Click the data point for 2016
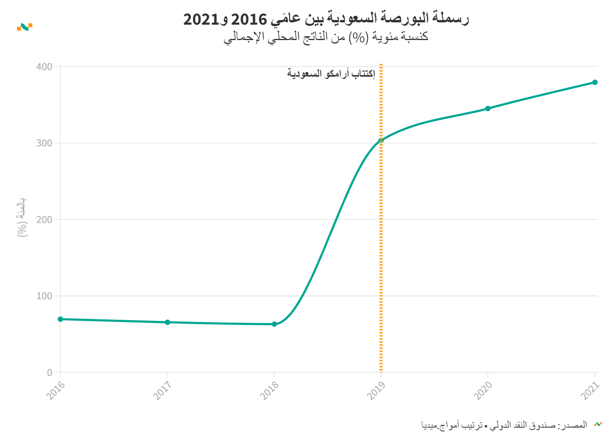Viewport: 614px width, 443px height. (x=61, y=319)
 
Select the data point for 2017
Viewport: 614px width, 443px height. (x=167, y=322)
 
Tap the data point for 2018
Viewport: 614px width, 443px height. (x=274, y=324)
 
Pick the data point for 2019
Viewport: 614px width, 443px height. (x=381, y=141)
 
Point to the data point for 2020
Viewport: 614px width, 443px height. (x=488, y=109)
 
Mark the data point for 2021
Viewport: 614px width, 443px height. (x=595, y=82)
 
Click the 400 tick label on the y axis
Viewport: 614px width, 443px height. (x=44, y=67)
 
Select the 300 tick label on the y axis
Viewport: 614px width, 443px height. (x=44, y=143)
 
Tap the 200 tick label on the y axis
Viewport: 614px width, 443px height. (x=44, y=220)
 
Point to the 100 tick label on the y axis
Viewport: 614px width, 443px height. (x=44, y=296)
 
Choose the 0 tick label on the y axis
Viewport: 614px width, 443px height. (x=50, y=373)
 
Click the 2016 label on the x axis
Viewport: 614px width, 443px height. (x=56, y=391)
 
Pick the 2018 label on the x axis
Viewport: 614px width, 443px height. (x=269, y=391)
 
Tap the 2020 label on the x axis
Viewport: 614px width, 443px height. (x=483, y=391)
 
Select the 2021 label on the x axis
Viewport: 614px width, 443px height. (x=590, y=391)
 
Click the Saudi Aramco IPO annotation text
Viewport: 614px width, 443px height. (x=331, y=74)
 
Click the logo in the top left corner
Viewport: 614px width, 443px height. (x=25, y=27)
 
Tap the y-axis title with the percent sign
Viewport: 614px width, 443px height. (x=22, y=217)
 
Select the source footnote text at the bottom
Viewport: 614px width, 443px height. (x=504, y=425)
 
